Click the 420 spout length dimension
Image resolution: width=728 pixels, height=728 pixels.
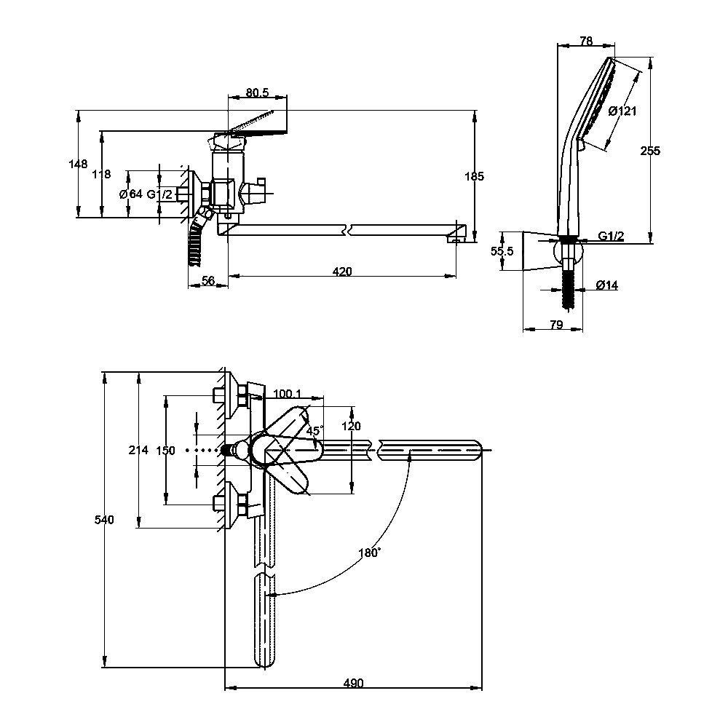tap(342, 272)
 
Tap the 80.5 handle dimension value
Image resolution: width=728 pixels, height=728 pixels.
tap(257, 92)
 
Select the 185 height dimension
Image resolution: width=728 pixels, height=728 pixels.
tap(474, 176)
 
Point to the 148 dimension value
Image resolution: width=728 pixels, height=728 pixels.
tap(78, 164)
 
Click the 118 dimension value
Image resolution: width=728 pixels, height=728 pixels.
tap(101, 174)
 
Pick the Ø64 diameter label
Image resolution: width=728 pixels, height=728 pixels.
tap(131, 194)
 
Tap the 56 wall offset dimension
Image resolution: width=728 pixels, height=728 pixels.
tap(208, 280)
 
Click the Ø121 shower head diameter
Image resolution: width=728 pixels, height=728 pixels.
tap(622, 111)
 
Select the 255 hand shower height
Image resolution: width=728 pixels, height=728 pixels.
tap(650, 151)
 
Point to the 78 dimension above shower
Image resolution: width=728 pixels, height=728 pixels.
tap(586, 41)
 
